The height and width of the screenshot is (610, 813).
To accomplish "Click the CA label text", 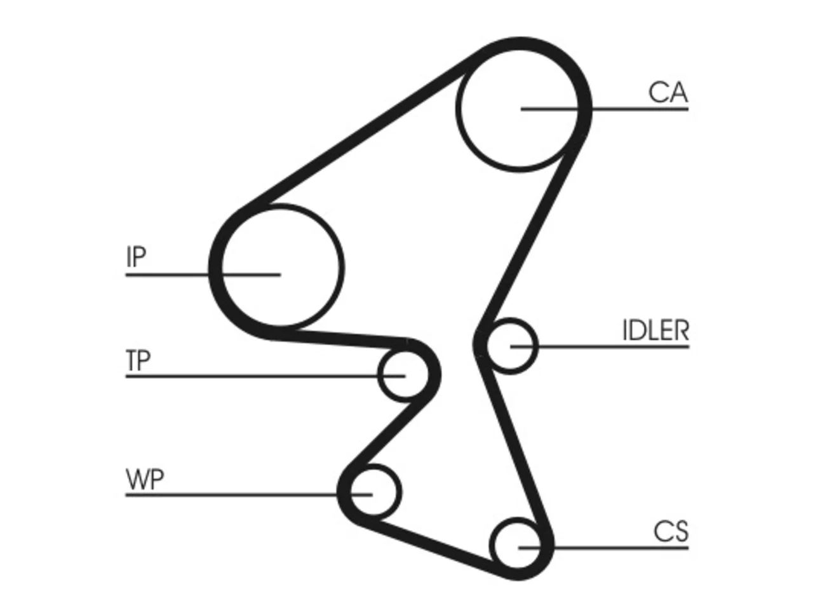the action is point(668,93).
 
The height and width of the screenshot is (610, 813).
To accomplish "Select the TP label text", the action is point(138,360).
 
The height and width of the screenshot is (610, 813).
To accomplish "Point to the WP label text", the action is point(145,479).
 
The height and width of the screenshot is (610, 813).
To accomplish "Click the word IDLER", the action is point(656,330).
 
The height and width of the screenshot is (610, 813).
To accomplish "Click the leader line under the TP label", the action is point(265,376).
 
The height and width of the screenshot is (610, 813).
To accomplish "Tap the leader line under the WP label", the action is point(248,494).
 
